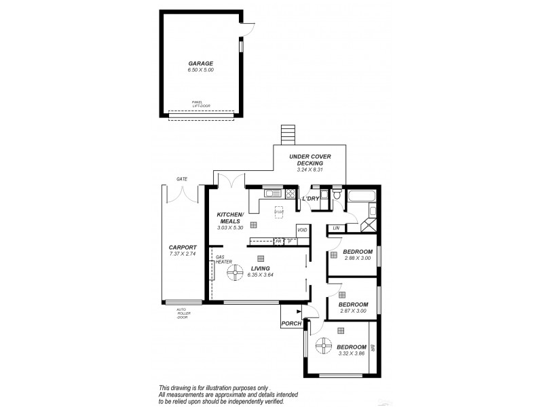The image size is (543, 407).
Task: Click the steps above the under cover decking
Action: pyautogui.click(x=290, y=134)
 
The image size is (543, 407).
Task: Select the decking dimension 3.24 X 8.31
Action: pyautogui.click(x=310, y=170)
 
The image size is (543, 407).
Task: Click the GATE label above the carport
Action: pyautogui.click(x=181, y=179)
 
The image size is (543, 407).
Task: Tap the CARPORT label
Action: pyautogui.click(x=183, y=248)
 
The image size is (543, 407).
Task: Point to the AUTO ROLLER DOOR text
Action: pyautogui.click(x=182, y=313)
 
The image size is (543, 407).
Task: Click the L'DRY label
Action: pyautogui.click(x=311, y=199)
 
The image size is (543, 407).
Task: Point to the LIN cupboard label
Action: pyautogui.click(x=335, y=228)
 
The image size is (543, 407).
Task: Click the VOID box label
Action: pyautogui.click(x=303, y=230)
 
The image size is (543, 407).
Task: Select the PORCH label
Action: pyautogui.click(x=291, y=324)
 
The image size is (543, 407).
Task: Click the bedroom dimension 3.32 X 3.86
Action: pyautogui.click(x=351, y=353)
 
